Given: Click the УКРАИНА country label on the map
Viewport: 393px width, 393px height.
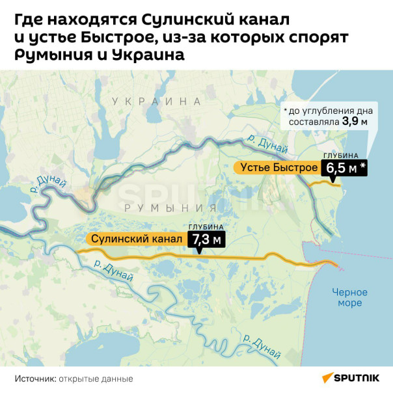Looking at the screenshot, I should coord(156,102).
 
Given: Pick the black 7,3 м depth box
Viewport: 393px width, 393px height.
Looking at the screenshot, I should coord(206,240).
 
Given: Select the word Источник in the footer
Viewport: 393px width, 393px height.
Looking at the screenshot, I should coord(35,378).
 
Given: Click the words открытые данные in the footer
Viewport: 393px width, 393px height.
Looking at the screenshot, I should coord(96,378).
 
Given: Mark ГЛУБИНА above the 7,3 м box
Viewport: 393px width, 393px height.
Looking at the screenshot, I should coord(206,226).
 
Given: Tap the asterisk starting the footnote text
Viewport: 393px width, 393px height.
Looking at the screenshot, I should coord(284,111).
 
